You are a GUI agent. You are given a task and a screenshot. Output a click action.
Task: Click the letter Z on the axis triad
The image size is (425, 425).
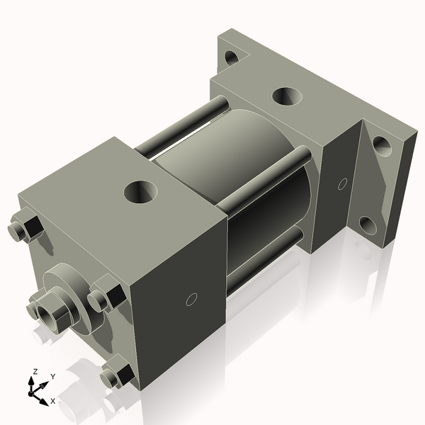point(35,371)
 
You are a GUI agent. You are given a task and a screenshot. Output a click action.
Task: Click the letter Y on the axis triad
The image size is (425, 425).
point(52,376)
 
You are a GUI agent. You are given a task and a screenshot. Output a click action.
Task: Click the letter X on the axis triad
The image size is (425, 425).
point(53,400)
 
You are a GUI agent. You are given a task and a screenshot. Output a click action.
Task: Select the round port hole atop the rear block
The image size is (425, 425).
point(286,94)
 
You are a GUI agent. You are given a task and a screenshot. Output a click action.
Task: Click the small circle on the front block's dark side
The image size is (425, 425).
point(190,300)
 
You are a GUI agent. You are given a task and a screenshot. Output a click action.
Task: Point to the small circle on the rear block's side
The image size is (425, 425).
point(342,184)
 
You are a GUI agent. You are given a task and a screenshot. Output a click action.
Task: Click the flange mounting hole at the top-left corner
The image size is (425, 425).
point(231,57)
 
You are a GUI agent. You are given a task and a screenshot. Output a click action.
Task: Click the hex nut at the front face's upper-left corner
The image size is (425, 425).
point(26,229)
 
